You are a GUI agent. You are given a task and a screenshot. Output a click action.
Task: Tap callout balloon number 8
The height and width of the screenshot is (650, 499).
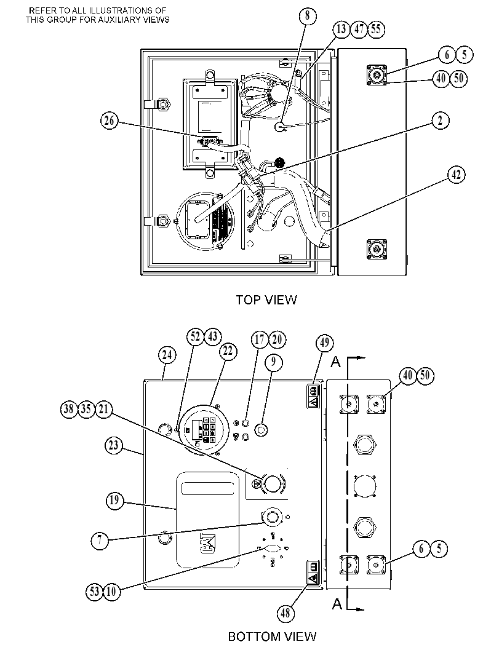tap(308, 16)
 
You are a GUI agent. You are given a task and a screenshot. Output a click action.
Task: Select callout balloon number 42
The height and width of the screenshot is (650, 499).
tap(457, 175)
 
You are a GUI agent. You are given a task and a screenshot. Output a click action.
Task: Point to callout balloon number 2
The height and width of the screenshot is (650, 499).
tap(441, 121)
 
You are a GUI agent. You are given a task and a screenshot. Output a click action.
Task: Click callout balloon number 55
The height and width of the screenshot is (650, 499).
tap(376, 29)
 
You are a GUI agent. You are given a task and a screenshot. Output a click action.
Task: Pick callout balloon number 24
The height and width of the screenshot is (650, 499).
tap(167, 355)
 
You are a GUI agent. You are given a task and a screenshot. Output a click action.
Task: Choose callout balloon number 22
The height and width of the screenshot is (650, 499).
tap(228, 352)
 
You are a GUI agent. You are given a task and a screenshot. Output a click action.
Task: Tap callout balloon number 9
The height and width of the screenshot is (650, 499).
tap(273, 362)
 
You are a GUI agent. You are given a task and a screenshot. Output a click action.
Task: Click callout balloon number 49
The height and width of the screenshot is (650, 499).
tap(325, 343)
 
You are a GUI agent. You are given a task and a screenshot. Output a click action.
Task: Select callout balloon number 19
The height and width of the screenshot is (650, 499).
tap(114, 501)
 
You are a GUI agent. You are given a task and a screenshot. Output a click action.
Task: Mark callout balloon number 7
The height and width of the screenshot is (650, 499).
tap(100, 541)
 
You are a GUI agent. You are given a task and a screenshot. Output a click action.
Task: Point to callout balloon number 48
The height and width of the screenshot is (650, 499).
tap(285, 612)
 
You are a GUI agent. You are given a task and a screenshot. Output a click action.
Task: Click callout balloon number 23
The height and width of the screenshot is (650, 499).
tap(113, 446)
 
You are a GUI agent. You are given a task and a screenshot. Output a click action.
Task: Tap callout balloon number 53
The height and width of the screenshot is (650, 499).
tap(95, 591)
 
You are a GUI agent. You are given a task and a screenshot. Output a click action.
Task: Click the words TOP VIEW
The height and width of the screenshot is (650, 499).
tap(266, 299)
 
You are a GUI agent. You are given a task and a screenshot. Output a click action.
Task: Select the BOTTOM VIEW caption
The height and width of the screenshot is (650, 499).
tap(273, 636)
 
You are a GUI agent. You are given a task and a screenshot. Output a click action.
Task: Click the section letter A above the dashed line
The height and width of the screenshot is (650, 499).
tap(335, 362)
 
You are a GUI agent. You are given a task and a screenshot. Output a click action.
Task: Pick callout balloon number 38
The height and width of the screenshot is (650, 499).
tap(69, 409)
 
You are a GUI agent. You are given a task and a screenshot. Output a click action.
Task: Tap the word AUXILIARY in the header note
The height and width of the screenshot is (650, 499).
tap(119, 20)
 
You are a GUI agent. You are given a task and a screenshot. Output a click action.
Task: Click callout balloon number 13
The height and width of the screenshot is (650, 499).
tap(341, 29)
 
